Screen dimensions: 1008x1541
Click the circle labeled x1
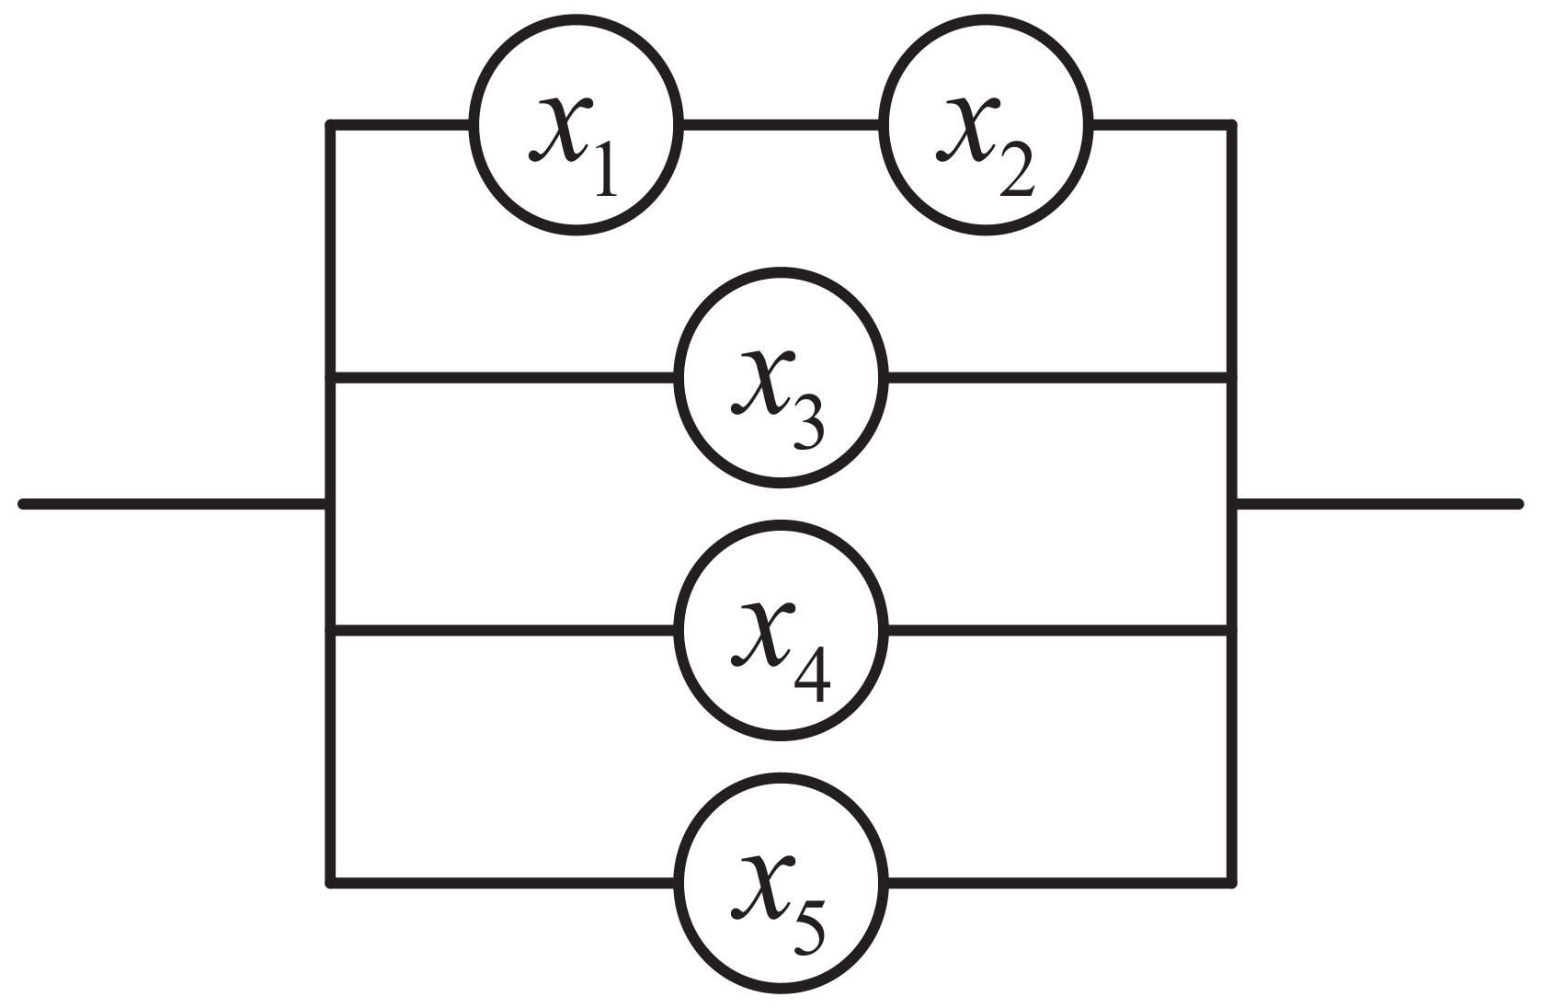pyautogui.click(x=576, y=124)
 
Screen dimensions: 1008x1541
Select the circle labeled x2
pyautogui.click(x=985, y=124)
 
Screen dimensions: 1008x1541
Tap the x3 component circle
pyautogui.click(x=781, y=376)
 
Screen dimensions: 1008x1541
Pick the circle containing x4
pyautogui.click(x=781, y=630)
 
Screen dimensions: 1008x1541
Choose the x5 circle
pyautogui.click(x=781, y=883)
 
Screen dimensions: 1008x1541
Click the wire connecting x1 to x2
pyautogui.click(x=781, y=123)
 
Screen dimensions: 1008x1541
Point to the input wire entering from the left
pyautogui.click(x=175, y=503)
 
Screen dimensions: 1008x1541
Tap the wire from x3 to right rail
pyautogui.click(x=1057, y=376)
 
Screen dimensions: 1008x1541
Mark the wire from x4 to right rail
pyautogui.click(x=1057, y=630)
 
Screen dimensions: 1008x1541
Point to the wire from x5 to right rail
pyautogui.click(x=1057, y=883)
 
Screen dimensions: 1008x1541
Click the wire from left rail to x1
pyautogui.click(x=401, y=123)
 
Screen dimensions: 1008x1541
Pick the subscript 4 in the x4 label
pyautogui.click(x=810, y=677)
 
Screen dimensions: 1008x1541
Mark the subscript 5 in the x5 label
pyautogui.click(x=806, y=929)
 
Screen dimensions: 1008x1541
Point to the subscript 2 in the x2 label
pyautogui.click(x=1015, y=170)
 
